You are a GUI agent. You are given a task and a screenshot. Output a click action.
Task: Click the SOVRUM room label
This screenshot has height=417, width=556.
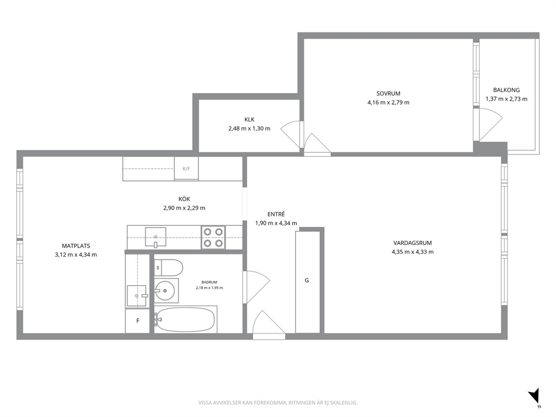(388, 94)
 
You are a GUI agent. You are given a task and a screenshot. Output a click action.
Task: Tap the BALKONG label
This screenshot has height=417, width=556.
(506, 90)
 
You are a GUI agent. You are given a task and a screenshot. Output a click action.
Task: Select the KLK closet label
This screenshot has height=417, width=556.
(249, 119)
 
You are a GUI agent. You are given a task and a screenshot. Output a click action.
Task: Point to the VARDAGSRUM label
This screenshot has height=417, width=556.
(413, 243)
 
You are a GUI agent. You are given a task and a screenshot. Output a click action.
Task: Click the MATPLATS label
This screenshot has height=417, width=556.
(76, 245)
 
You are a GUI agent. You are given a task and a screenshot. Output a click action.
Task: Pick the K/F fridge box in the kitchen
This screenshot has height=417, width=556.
(186, 169)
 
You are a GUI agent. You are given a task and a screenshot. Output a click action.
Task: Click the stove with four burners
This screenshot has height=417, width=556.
(214, 237)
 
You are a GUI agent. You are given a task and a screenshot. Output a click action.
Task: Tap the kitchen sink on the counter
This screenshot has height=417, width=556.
(155, 237)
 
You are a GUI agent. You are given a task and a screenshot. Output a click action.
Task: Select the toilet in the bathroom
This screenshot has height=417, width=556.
(169, 268)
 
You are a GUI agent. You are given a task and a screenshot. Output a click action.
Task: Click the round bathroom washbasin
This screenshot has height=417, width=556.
(165, 291)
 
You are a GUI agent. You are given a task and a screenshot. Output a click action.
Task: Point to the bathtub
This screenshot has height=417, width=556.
(185, 319)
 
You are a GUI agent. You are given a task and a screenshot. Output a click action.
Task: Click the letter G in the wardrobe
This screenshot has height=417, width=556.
(307, 280)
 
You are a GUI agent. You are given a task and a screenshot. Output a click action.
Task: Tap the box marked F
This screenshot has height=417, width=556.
(137, 321)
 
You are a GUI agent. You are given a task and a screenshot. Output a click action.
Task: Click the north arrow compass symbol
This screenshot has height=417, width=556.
(534, 396)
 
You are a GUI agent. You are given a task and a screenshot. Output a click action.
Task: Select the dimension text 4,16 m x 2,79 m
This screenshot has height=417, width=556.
(388, 103)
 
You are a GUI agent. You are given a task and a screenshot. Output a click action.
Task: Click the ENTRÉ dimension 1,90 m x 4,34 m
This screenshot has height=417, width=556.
(276, 224)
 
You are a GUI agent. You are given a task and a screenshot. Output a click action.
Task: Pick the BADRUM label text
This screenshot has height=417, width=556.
(209, 282)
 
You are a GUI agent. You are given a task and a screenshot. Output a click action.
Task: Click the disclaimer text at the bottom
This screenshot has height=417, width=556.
(277, 403)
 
